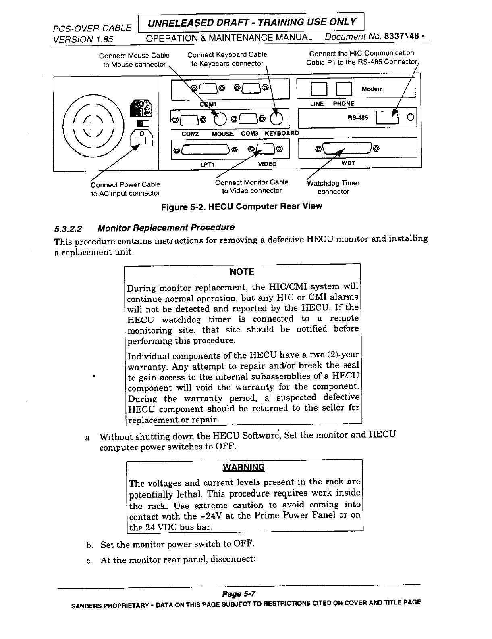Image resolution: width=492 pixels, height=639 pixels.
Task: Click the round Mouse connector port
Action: pyautogui.click(x=220, y=118)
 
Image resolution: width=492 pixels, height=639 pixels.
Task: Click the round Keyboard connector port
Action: pyautogui.click(x=277, y=118)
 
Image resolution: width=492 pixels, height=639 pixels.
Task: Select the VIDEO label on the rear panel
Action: pyautogui.click(x=267, y=164)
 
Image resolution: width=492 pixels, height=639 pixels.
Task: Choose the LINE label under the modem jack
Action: pyautogui.click(x=317, y=104)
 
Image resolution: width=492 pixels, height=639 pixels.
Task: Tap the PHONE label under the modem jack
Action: pyautogui.click(x=343, y=104)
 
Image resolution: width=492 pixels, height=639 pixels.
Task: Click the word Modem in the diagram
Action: pyautogui.click(x=372, y=89)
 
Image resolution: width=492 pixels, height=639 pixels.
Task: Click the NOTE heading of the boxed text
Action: pyautogui.click(x=242, y=272)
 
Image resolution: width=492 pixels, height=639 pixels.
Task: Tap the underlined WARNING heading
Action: pyautogui.click(x=244, y=468)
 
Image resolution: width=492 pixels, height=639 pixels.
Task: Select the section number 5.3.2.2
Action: pyautogui.click(x=68, y=229)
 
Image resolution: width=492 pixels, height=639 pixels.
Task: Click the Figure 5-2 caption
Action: pyautogui.click(x=241, y=207)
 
